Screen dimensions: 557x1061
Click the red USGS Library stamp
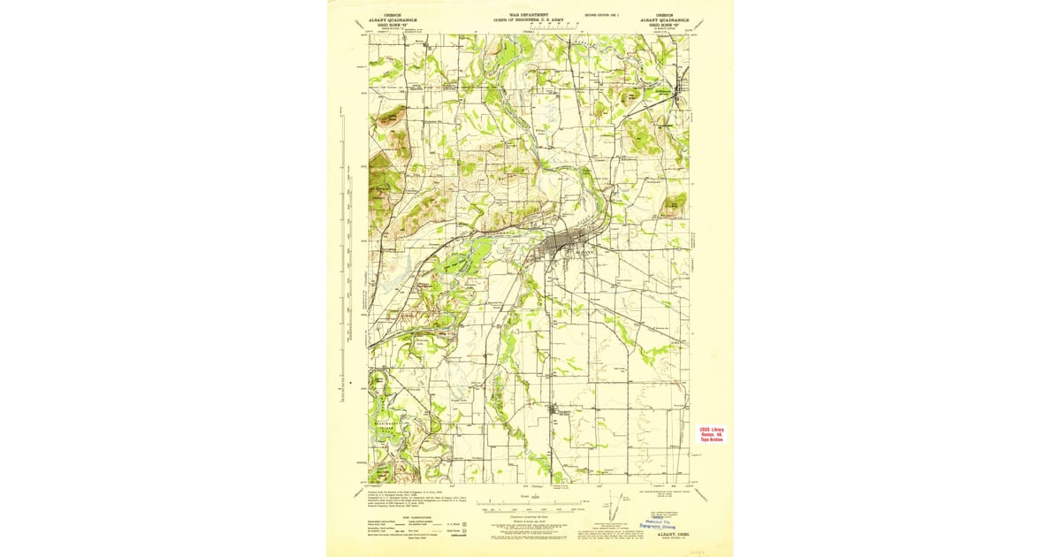click(711, 434)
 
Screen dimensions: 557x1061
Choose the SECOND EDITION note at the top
click(602, 15)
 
